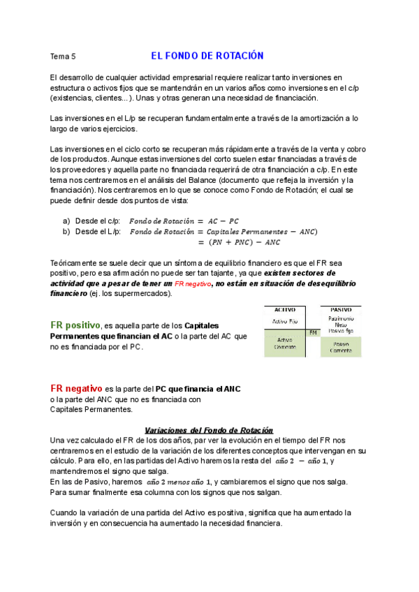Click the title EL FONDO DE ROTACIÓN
click(207, 56)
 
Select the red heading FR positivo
click(75, 325)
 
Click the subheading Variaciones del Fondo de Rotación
click(208, 430)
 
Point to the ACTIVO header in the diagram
click(285, 309)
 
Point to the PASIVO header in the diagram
click(341, 309)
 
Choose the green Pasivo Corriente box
click(341, 347)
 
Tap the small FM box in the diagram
click(313, 333)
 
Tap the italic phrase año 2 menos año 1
click(179, 482)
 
